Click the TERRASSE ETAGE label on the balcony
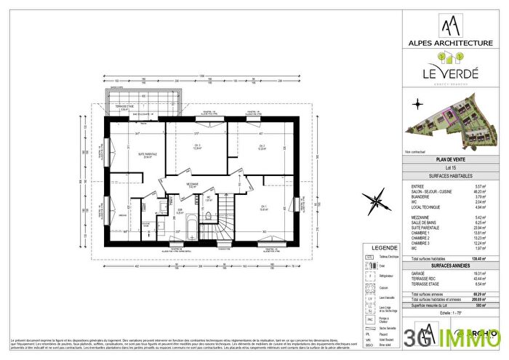click(129, 108)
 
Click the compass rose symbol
click(377, 199)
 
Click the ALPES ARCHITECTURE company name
click(448, 44)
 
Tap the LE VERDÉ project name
click(448, 73)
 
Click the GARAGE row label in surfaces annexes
click(419, 273)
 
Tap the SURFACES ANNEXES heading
click(448, 265)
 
